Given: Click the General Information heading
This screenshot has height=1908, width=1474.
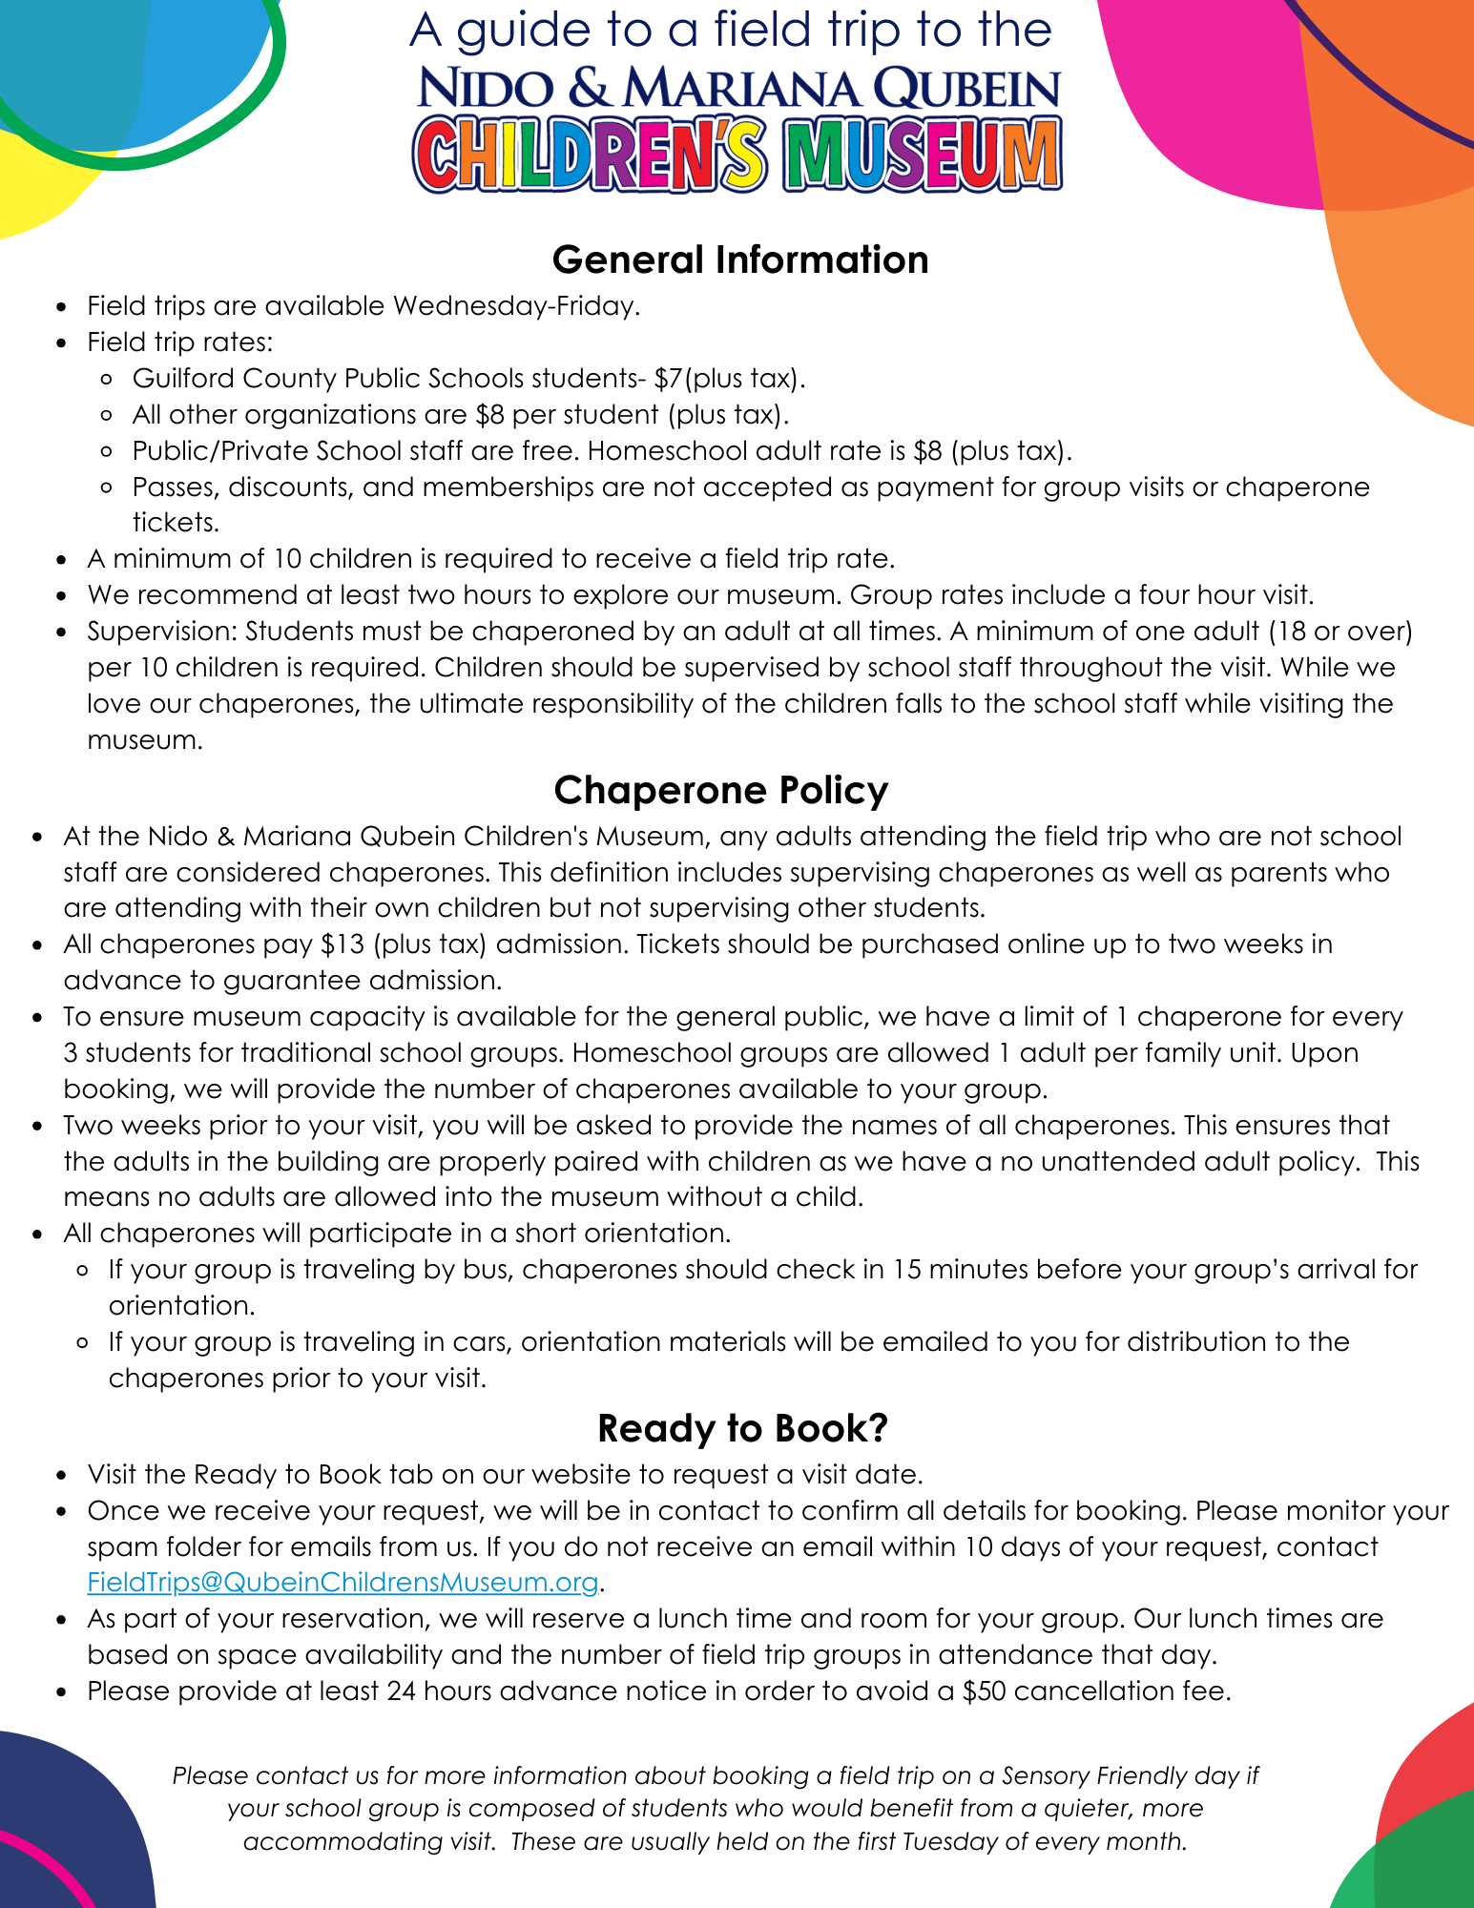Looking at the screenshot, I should pos(739,259).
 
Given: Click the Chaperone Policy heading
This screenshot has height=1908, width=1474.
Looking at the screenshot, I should pos(720,790).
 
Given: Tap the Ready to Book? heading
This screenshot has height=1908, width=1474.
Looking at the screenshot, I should pos(742,1427).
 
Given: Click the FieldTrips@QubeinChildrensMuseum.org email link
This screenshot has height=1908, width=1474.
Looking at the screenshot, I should pos(343,1582).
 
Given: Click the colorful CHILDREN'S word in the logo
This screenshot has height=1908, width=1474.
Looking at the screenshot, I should pos(590,156).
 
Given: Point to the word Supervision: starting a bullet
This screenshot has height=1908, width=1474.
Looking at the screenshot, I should pos(162,631).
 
